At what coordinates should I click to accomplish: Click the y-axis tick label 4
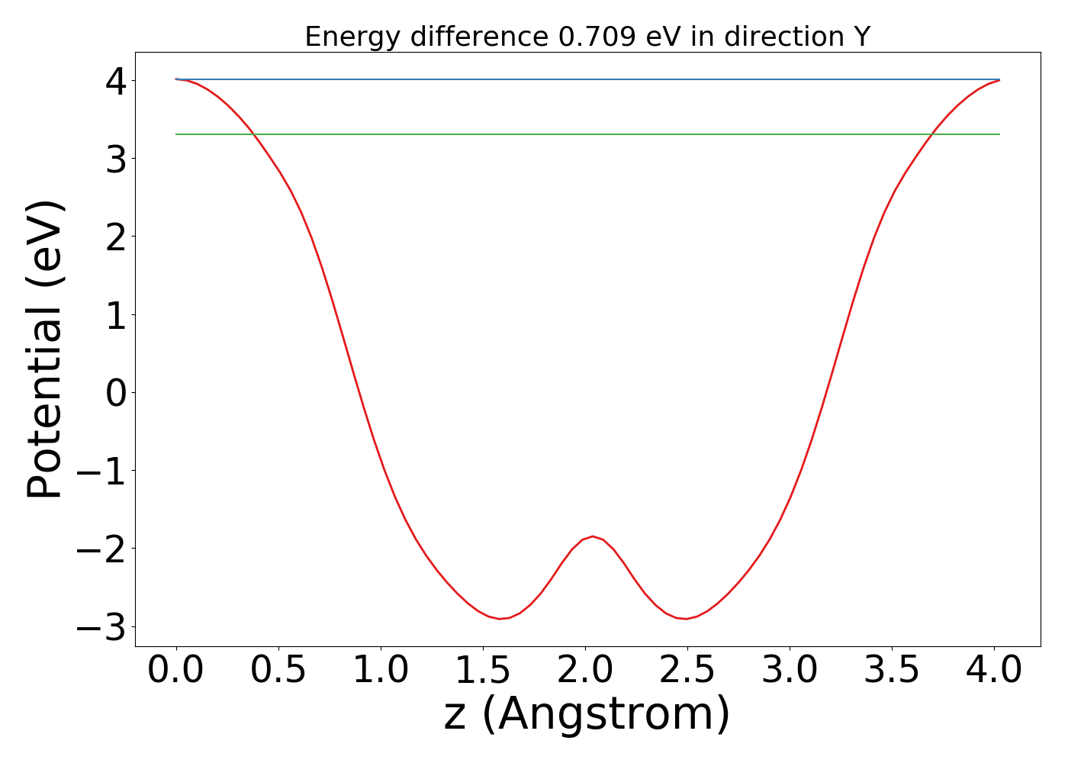pyautogui.click(x=115, y=80)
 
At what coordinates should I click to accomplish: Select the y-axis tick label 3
pyautogui.click(x=115, y=159)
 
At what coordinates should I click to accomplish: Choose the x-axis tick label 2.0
pyautogui.click(x=584, y=671)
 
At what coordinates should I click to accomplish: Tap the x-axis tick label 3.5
pyautogui.click(x=891, y=671)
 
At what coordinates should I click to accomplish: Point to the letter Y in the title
pyautogui.click(x=861, y=37)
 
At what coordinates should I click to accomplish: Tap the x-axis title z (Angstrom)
pyautogui.click(x=587, y=715)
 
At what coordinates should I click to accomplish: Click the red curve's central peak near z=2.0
pyautogui.click(x=593, y=536)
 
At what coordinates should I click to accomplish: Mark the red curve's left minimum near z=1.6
pyautogui.click(x=500, y=619)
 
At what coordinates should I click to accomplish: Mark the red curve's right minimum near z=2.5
pyautogui.click(x=686, y=619)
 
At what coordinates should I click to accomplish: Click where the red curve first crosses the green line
pyautogui.click(x=255, y=134)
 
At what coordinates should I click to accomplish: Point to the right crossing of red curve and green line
pyautogui.click(x=930, y=134)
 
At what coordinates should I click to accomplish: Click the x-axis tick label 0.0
pyautogui.click(x=175, y=671)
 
